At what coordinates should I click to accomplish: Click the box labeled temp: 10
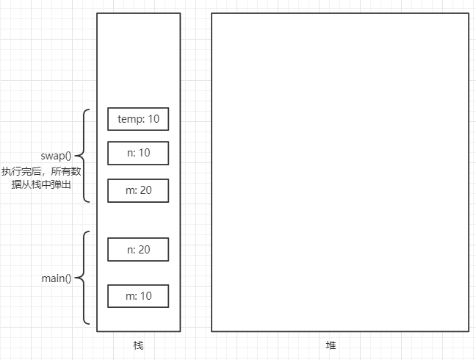click(138, 119)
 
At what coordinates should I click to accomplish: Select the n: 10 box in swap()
click(138, 154)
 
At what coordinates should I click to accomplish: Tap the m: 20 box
click(138, 190)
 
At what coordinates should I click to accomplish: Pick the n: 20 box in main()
click(138, 250)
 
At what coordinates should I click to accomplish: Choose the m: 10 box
click(138, 296)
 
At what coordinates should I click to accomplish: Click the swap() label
click(57, 156)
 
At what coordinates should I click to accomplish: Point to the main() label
click(57, 278)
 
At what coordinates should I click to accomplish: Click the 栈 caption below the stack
click(138, 345)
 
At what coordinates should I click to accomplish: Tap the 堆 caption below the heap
click(331, 345)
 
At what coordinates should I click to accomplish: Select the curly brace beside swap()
click(82, 156)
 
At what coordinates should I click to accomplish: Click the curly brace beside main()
click(82, 278)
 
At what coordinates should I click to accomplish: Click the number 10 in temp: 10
click(154, 119)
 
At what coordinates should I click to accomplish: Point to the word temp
click(130, 119)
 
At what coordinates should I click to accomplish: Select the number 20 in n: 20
click(144, 250)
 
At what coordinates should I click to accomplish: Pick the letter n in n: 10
click(129, 154)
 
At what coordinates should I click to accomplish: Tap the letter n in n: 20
click(129, 250)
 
